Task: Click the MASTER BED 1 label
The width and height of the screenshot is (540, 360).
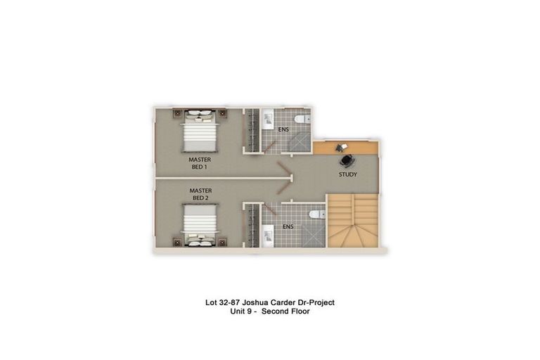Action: click(200, 164)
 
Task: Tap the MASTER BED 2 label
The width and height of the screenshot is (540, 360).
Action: click(200, 194)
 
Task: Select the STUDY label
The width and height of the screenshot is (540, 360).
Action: click(347, 174)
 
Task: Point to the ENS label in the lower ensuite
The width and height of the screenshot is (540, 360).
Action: click(288, 226)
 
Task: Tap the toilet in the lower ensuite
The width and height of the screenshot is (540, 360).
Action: click(315, 214)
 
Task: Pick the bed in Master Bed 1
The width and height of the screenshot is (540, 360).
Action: click(200, 132)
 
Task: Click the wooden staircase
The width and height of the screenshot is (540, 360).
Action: click(353, 221)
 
